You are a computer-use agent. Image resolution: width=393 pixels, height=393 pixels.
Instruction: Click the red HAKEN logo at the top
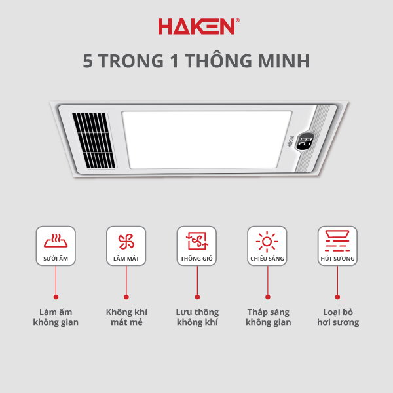[198, 26]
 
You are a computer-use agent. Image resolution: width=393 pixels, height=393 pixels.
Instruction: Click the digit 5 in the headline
[88, 61]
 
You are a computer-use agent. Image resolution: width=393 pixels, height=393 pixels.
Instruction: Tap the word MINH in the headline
[284, 61]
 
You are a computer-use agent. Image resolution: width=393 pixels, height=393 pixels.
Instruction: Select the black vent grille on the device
[94, 140]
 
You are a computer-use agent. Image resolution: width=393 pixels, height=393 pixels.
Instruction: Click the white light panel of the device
[207, 140]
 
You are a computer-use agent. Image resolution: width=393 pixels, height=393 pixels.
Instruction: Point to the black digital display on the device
[305, 141]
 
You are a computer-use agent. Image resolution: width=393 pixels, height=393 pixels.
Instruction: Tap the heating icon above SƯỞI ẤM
[56, 241]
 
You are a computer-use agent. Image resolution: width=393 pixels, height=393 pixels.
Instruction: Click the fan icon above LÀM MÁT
[126, 242]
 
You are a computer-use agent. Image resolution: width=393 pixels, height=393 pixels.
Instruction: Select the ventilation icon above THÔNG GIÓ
[197, 241]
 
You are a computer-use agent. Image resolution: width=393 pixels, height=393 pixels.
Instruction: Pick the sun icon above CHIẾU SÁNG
[267, 242]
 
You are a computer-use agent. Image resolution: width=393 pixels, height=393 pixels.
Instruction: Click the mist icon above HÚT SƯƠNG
[337, 240]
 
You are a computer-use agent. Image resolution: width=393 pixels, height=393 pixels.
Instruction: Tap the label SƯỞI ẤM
[56, 259]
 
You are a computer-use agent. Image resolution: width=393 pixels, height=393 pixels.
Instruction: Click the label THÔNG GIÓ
[196, 259]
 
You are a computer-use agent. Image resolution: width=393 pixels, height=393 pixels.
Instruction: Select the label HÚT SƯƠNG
[337, 259]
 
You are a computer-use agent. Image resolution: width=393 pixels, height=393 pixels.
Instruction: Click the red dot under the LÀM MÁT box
[126, 297]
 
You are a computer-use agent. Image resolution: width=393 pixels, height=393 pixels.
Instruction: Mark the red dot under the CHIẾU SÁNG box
[268, 297]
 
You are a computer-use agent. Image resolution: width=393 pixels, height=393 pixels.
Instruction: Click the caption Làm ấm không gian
[56, 317]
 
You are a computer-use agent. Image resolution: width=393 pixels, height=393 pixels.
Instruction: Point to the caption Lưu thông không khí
[197, 317]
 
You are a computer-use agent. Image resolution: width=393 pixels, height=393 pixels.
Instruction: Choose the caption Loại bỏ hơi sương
[338, 317]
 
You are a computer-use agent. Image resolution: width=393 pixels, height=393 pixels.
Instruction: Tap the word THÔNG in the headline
[218, 61]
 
